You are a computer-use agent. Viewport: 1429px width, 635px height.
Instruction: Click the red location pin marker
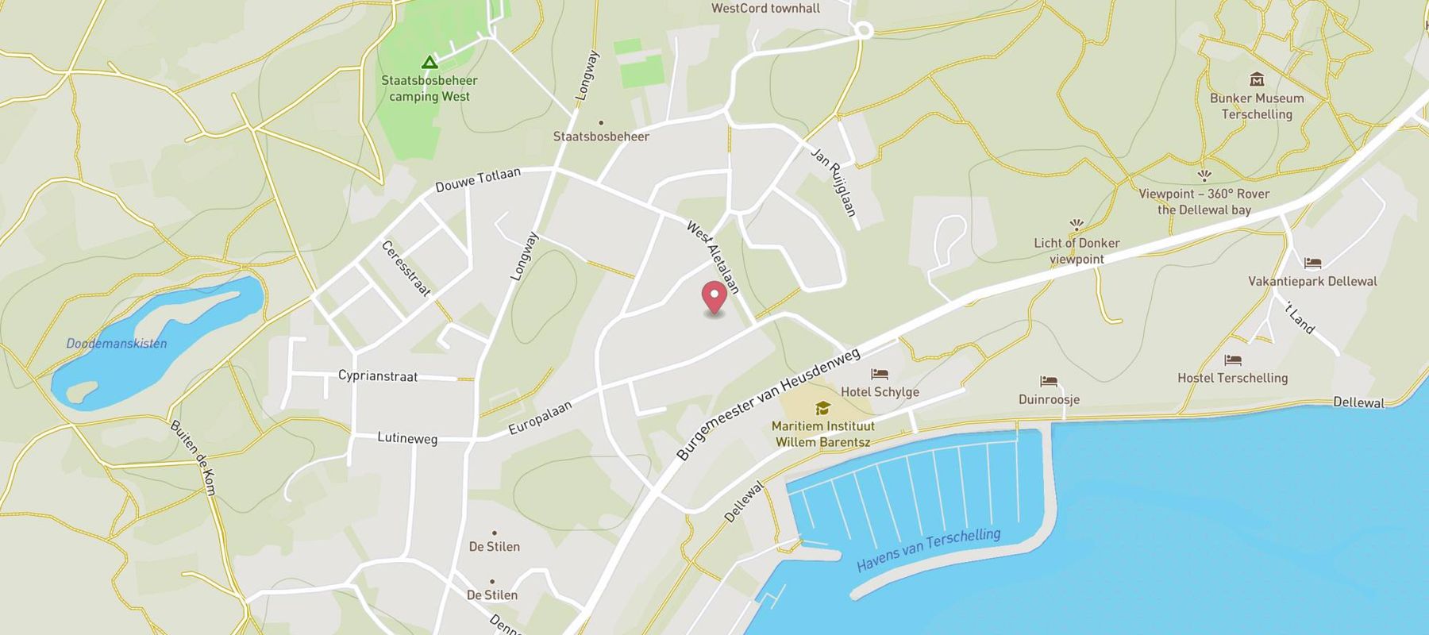[714, 298]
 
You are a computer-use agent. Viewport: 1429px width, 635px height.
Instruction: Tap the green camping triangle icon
[429, 62]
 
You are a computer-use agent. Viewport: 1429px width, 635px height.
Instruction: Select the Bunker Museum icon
[1257, 79]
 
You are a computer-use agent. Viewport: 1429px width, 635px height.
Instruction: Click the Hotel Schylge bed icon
[879, 374]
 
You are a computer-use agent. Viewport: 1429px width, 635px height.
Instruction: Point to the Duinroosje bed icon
[1049, 382]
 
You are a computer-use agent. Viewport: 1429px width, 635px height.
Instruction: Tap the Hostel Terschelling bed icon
[1232, 360]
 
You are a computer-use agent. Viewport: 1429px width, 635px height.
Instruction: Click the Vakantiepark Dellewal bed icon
[1312, 263]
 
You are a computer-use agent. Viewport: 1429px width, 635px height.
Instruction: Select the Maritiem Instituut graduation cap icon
[822, 408]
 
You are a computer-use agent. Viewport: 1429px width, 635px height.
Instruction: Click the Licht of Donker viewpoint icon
[1077, 225]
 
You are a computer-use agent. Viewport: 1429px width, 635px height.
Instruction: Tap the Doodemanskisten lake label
[117, 344]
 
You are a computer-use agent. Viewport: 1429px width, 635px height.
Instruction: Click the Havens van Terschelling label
[928, 549]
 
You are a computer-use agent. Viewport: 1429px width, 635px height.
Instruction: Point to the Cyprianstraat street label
[378, 375]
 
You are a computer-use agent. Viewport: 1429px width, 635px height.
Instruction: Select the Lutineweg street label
[407, 437]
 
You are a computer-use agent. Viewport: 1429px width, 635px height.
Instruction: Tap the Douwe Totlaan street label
[478, 179]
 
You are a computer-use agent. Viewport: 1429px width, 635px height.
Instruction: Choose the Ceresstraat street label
[406, 268]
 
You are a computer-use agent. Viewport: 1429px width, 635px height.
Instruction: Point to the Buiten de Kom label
[193, 457]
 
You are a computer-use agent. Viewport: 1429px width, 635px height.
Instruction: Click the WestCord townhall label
[765, 9]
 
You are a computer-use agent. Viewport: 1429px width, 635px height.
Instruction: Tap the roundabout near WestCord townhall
[863, 30]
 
